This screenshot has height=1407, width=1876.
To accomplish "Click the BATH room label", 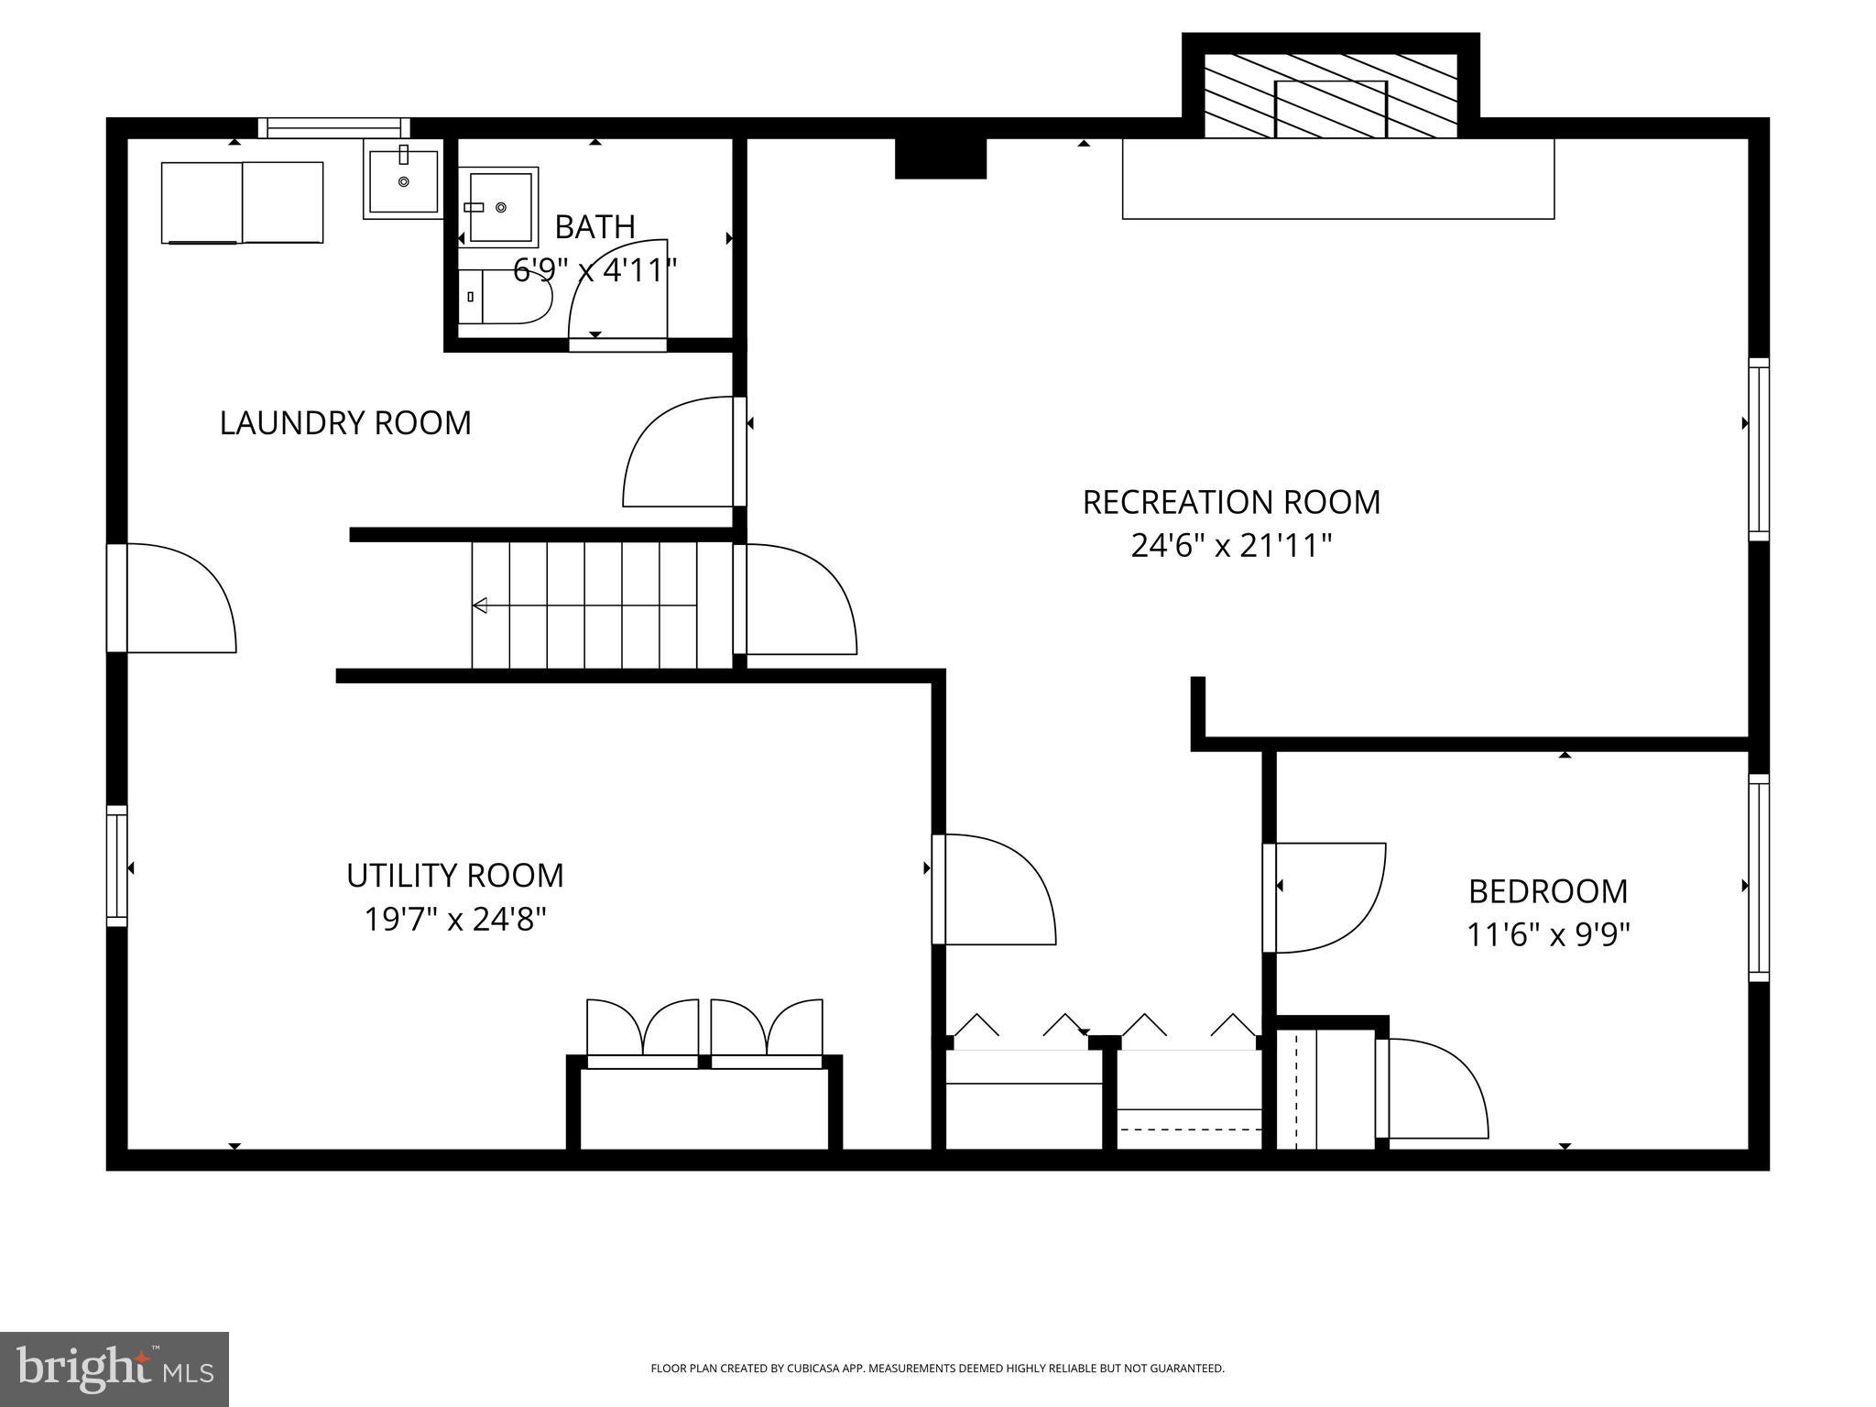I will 594,226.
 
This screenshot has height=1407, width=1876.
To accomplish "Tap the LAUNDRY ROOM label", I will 345,423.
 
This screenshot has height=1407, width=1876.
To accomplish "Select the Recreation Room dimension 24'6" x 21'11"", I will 1230,547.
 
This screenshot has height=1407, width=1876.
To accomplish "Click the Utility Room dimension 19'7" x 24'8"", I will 455,919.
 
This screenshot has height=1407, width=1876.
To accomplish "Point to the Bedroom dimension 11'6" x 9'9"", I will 1548,935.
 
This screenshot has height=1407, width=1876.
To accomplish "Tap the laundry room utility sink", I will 403,181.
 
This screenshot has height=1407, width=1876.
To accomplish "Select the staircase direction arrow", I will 480,605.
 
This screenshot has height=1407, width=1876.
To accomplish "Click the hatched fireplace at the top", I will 1330,95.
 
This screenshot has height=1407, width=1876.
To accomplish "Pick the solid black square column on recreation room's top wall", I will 940,158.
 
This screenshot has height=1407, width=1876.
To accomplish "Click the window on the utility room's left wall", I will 116,866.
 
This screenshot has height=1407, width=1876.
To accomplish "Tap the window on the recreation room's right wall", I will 1758,449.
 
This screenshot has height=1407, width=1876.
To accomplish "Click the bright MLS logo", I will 115,1369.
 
